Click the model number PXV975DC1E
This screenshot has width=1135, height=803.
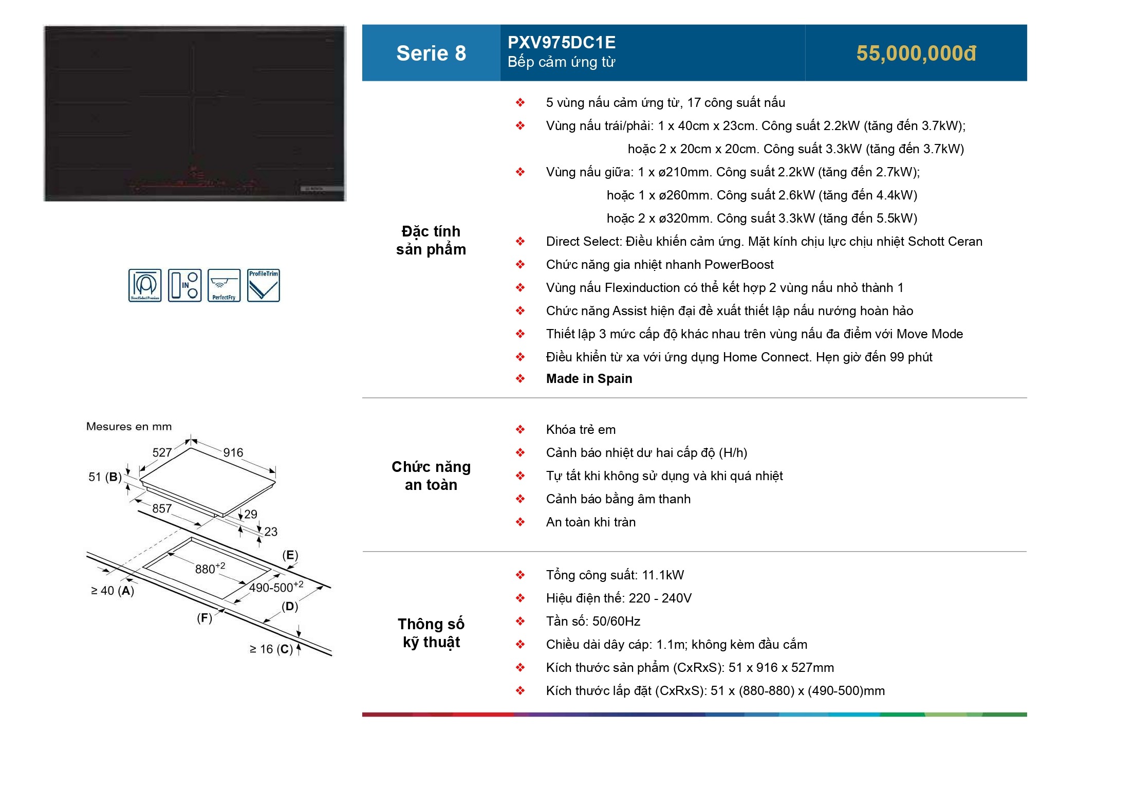561,42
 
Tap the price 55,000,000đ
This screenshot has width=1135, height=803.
916,53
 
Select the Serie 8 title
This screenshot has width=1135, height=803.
431,53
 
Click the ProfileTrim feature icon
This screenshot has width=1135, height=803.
264,285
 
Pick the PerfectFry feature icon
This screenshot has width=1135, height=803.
224,285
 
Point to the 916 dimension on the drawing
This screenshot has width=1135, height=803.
233,452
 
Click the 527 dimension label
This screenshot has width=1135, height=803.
162,452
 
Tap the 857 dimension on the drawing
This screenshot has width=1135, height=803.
162,508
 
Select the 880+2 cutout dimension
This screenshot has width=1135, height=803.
210,569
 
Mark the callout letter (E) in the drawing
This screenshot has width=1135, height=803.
290,555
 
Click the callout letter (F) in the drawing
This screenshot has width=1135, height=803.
204,618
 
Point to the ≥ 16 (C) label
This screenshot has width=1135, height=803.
271,649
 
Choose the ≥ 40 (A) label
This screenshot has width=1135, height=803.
113,591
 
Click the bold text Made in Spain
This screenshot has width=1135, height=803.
589,379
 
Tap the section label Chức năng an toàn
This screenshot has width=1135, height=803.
431,476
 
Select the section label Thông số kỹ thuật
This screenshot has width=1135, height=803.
431,633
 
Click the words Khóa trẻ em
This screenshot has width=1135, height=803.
581,430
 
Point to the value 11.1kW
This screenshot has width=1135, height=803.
663,575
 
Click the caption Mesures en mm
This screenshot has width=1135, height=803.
129,427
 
